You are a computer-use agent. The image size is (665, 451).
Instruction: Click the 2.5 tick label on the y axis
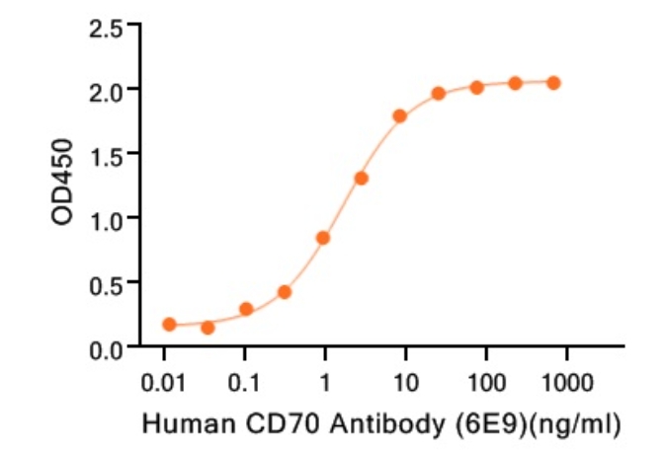coord(107,28)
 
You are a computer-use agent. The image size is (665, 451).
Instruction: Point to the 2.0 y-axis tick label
coord(107,91)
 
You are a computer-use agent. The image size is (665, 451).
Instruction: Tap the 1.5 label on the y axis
coord(107,155)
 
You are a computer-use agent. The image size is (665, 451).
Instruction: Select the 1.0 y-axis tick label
coord(107,219)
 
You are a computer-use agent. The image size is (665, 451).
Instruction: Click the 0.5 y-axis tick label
coord(107,283)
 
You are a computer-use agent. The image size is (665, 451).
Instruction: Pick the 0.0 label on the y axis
coord(107,347)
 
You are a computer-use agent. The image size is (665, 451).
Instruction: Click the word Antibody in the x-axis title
coord(385,425)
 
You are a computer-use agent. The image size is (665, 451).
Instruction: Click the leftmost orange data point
coord(169,324)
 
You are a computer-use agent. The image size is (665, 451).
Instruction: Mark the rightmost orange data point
coord(553,83)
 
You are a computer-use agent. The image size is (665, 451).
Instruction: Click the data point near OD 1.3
coord(362,179)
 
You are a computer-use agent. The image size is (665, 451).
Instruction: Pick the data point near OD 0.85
coord(323,238)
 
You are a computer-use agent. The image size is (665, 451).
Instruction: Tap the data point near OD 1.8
coord(400,116)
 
